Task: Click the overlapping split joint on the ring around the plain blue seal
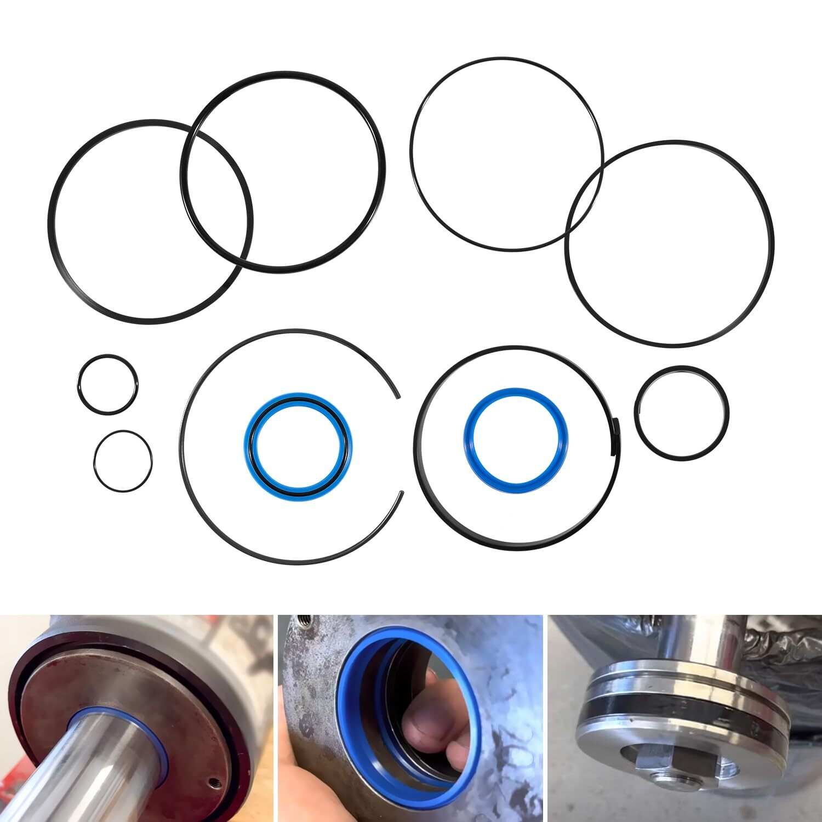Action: point(615,436)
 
